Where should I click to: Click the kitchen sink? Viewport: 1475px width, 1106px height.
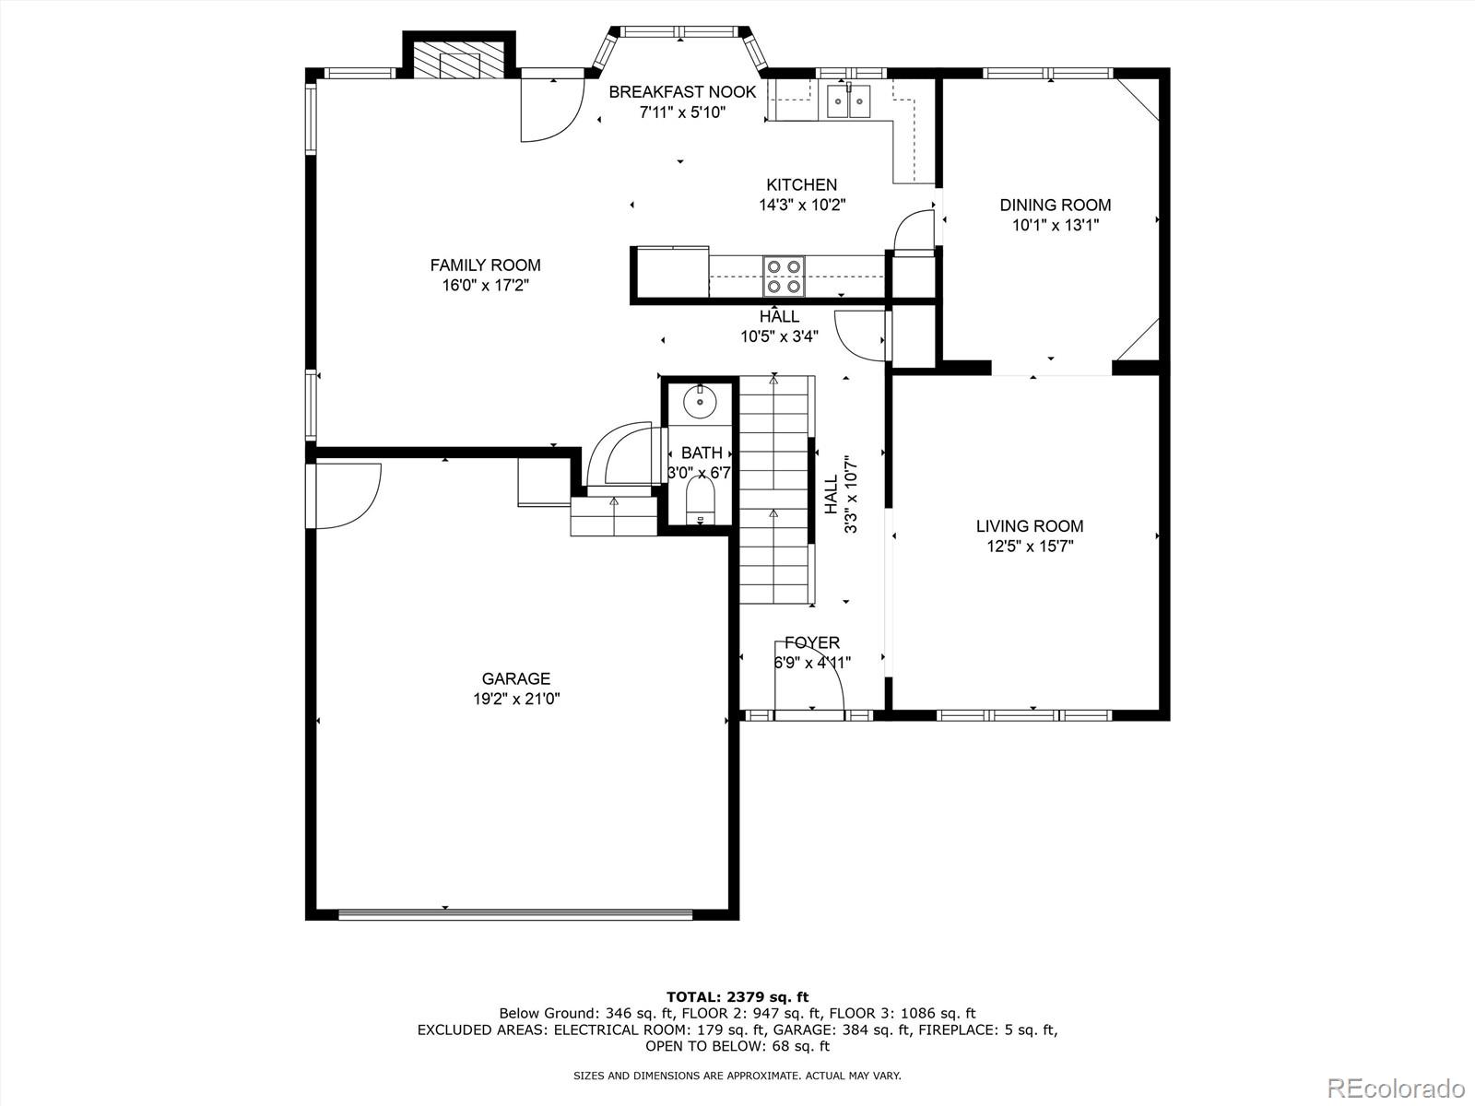coord(849,100)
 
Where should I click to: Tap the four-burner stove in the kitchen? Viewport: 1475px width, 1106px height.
coord(784,276)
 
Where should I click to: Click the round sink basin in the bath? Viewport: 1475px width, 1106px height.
coord(701,402)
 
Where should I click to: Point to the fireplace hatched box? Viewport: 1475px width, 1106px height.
coord(459,62)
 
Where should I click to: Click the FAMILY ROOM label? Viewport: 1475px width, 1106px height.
coord(485,265)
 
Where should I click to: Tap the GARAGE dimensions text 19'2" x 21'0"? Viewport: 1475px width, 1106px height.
coord(516,699)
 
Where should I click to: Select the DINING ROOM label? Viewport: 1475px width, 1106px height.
coord(1055,205)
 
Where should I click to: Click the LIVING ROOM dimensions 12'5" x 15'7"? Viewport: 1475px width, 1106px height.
coord(1030,547)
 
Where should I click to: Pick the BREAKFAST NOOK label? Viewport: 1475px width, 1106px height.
coord(682,92)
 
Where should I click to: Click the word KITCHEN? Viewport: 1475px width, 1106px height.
coord(802,184)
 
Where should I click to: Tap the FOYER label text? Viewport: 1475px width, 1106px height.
coord(812,642)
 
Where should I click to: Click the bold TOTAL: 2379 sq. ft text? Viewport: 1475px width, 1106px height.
coord(737,997)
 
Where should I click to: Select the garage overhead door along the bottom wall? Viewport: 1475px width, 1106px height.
coord(515,914)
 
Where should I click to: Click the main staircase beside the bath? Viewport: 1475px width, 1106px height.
coord(774,489)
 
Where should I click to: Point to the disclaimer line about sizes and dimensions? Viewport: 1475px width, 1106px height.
coord(737,1076)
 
